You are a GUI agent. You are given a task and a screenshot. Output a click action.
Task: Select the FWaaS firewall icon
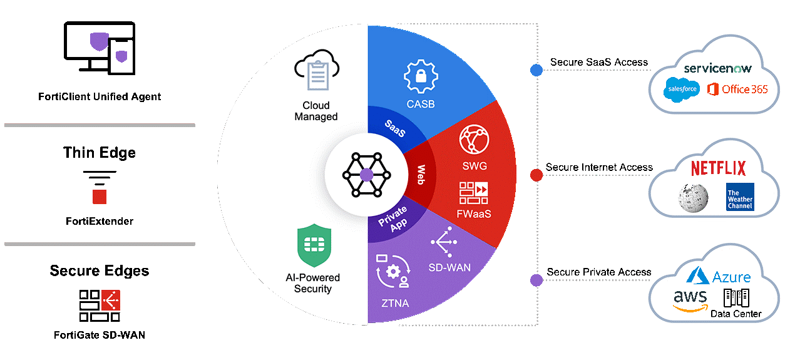[x=473, y=193]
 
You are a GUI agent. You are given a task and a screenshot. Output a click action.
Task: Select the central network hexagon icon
[x=366, y=173]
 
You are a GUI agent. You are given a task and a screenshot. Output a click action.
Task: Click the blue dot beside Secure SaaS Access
[x=536, y=70]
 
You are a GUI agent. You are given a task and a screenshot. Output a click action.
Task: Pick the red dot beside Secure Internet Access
[x=536, y=175]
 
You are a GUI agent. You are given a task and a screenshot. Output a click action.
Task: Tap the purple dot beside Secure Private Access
[x=536, y=280]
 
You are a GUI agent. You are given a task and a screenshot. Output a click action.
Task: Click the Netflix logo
[x=718, y=168]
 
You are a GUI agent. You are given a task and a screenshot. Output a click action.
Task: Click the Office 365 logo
[x=737, y=90]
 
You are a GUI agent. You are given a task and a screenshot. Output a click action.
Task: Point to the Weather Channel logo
[x=740, y=197]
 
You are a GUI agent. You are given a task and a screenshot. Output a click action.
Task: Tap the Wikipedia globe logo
[x=692, y=197]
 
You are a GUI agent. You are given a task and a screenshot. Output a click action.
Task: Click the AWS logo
[x=690, y=300]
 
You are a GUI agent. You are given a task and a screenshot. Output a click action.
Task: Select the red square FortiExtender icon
[x=100, y=197]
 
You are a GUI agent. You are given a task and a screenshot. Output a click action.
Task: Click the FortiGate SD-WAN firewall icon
[x=100, y=305]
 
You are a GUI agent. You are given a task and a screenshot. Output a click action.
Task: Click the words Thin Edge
[x=99, y=153]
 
